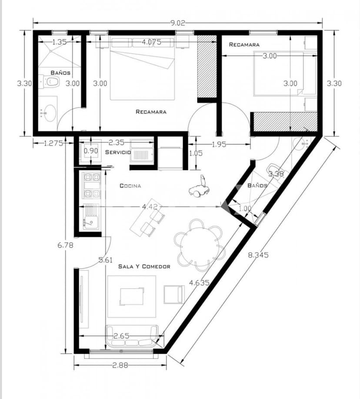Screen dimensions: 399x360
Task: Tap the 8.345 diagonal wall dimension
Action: point(258,255)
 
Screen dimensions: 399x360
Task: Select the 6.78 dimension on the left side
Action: point(65,245)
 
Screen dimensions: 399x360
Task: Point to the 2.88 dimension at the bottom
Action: point(120,366)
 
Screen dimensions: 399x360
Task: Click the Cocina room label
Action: point(130,186)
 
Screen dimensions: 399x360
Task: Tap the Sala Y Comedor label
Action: point(144,266)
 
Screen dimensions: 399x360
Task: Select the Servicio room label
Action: point(117,152)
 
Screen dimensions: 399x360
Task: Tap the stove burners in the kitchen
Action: point(92,184)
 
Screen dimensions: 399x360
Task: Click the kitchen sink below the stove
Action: point(91,216)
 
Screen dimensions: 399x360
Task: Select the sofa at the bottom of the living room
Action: point(132,336)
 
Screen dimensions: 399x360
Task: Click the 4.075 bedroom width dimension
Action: point(152,42)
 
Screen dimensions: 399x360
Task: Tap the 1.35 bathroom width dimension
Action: point(59,42)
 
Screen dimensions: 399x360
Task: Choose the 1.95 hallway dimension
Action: point(219,145)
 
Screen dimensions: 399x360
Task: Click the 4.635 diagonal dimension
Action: point(199,283)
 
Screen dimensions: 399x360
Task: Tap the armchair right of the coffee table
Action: point(174,294)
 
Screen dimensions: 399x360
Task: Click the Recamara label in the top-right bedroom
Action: point(244,45)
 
